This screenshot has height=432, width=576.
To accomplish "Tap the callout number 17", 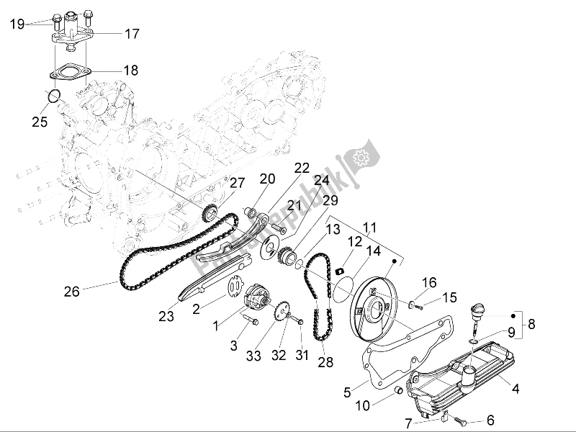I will [132, 33].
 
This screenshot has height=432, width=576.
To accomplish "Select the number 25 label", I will [39, 122].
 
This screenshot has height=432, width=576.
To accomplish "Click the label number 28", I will [325, 362].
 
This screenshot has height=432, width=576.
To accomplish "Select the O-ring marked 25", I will [51, 96].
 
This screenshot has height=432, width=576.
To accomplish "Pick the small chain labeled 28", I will [317, 302].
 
